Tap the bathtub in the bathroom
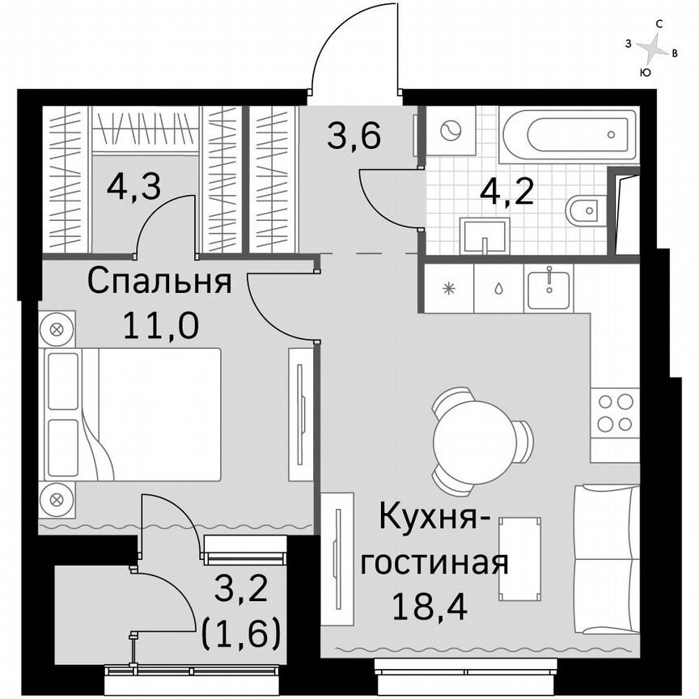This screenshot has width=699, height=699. (x=566, y=134)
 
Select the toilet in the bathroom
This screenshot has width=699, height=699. (x=581, y=209)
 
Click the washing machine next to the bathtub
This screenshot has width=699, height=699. (x=448, y=131)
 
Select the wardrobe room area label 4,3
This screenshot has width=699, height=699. (x=133, y=188)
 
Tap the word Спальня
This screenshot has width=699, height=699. (x=159, y=282)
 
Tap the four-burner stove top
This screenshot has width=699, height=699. (x=614, y=413)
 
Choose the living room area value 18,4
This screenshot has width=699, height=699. (x=422, y=604)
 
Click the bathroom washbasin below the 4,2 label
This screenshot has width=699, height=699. (x=484, y=235)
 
